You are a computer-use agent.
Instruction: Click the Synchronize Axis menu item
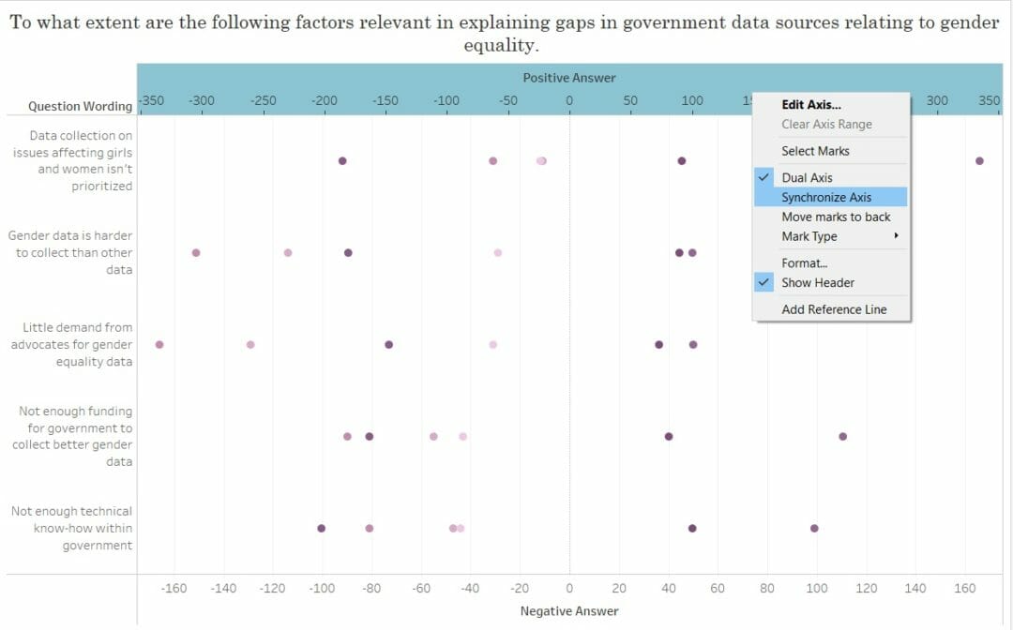coord(826,197)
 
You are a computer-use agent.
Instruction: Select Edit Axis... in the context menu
coord(810,105)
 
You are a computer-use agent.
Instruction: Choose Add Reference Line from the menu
coord(833,309)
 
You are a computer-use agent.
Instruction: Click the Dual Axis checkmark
coord(764,177)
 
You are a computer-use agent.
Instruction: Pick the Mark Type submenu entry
coord(809,236)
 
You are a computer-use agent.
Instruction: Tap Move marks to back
coord(836,217)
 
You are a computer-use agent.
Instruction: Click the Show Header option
coord(817,282)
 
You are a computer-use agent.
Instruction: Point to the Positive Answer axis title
coord(569,78)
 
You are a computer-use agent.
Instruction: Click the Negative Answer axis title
coord(569,611)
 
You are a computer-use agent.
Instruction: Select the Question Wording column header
coord(80,106)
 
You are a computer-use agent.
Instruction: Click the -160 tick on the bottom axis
coord(174,588)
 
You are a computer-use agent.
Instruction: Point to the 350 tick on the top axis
coord(990,100)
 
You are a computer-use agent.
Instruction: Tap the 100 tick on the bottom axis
coord(817,588)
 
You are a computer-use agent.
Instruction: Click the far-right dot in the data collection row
coord(979,161)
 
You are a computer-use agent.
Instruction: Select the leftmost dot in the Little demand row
coord(159,345)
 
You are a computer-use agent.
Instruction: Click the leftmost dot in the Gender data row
coord(196,253)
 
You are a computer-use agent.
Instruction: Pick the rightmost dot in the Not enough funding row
coord(842,437)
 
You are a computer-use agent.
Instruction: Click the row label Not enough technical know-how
coord(72,528)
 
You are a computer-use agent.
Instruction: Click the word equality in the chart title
coord(501,45)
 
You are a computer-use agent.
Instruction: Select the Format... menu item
coord(804,262)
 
